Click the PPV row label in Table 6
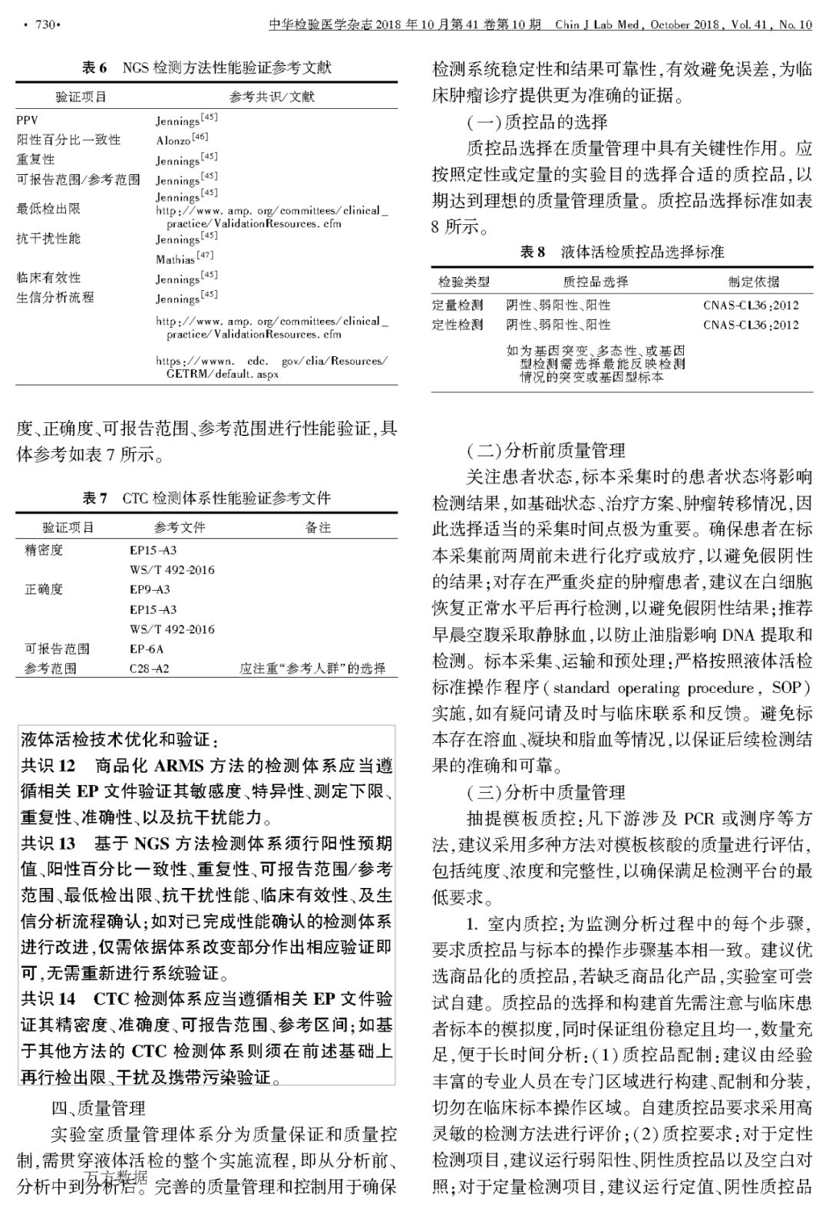coord(27,120)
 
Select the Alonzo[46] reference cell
coord(182,140)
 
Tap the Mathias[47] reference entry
coord(184,259)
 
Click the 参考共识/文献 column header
coord(271,97)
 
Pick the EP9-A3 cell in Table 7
coord(150,589)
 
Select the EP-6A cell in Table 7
coord(147,649)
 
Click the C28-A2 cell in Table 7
coord(149,668)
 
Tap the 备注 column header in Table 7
coord(318,527)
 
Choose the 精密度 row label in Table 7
coord(44,550)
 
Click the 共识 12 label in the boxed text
coord(48,766)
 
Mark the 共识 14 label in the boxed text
coord(48,999)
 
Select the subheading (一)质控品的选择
coord(537,121)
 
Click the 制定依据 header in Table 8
coord(753,282)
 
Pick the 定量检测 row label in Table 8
coord(457,305)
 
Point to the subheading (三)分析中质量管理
coord(546,792)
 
